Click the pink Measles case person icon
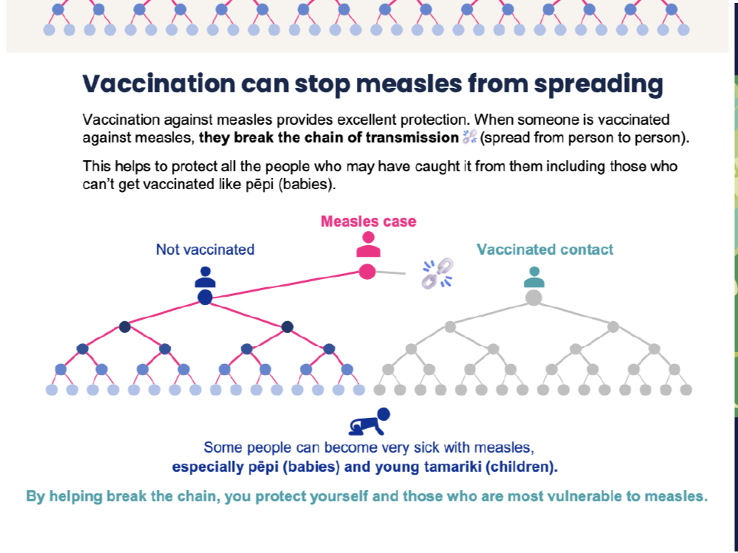click(x=368, y=245)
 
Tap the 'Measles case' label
click(x=368, y=221)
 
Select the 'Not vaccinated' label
click(x=205, y=250)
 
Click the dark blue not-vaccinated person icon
click(x=205, y=277)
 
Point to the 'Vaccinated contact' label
click(x=545, y=250)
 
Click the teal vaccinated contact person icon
click(x=533, y=277)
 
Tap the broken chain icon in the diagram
click(x=437, y=273)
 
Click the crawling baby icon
click(x=369, y=422)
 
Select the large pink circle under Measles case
click(x=367, y=272)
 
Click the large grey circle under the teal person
click(x=533, y=298)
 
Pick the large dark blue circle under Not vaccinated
click(x=205, y=298)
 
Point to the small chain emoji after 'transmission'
click(x=469, y=137)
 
